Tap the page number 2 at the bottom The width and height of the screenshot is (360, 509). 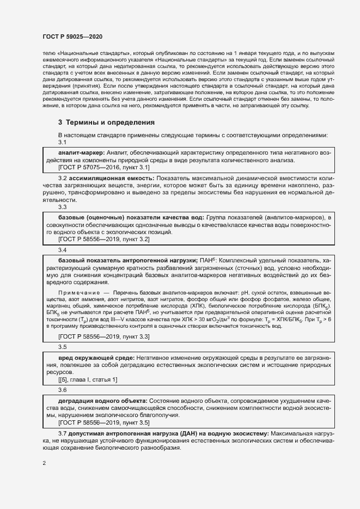coord(44,463)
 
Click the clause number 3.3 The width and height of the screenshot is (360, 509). coord(62,207)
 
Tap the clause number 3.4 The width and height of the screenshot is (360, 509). coord(62,250)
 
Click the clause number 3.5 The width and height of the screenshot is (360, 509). coord(62,347)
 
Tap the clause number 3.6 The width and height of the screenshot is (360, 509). coord(62,390)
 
